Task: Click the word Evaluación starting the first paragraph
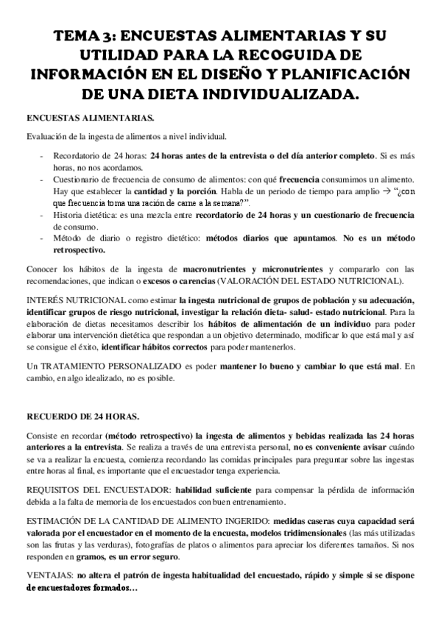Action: pos(46,137)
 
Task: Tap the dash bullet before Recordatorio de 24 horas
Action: pos(42,157)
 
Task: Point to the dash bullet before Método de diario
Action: pos(42,239)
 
